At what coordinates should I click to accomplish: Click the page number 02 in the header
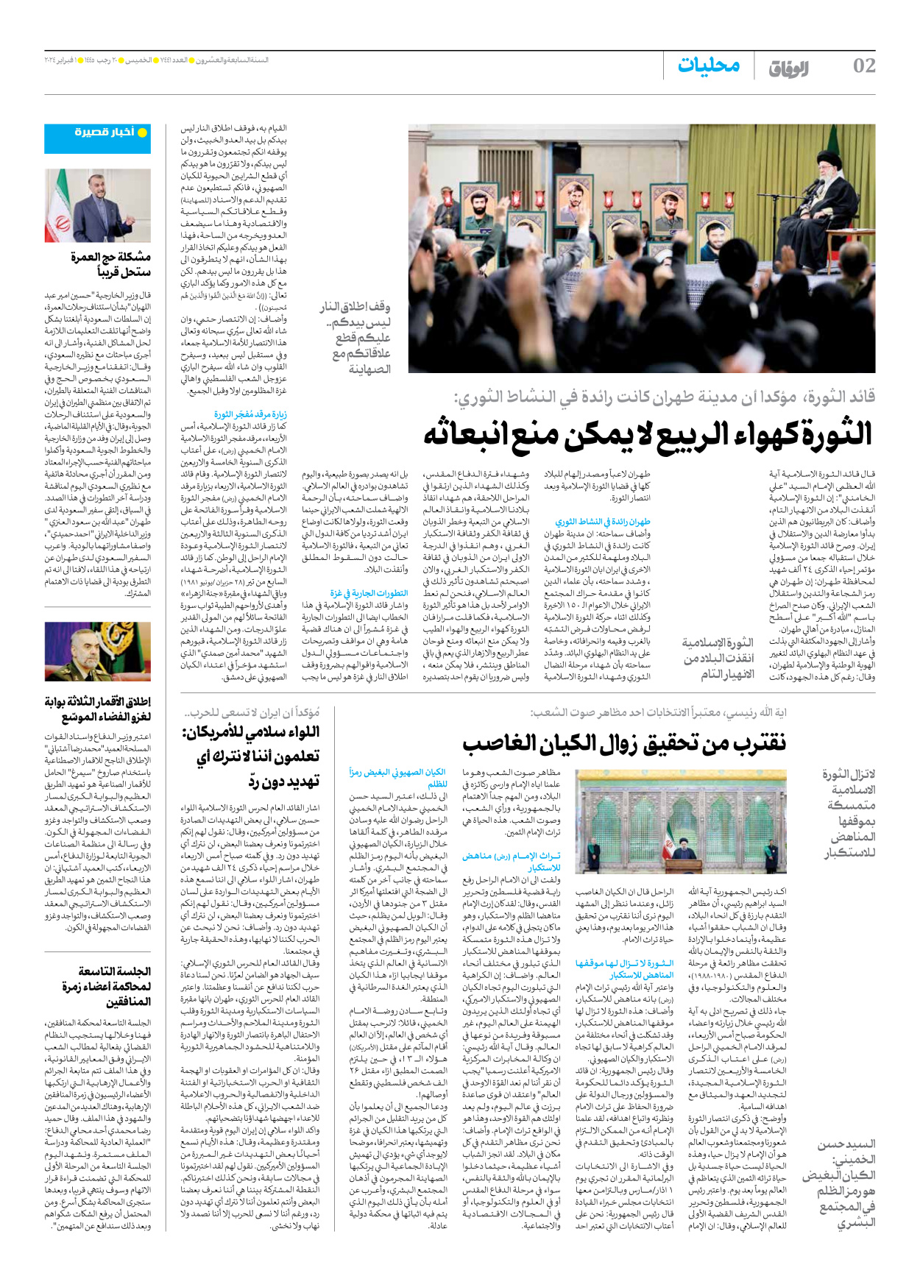863,65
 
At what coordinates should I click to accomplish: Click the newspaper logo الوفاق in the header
788,68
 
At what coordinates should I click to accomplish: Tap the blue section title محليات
708,65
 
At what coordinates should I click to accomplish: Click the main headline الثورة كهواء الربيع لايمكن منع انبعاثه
647,433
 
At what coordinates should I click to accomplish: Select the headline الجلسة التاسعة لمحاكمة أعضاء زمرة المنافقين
107,986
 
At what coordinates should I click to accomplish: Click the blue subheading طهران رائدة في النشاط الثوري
603,521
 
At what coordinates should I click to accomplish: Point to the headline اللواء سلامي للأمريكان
251,756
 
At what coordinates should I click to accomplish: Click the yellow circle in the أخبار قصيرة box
142,132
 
